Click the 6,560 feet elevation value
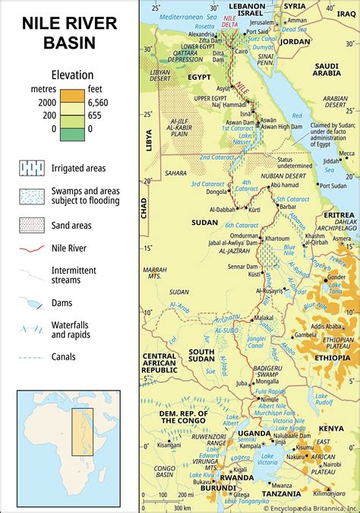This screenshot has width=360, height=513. pos(100,102)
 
